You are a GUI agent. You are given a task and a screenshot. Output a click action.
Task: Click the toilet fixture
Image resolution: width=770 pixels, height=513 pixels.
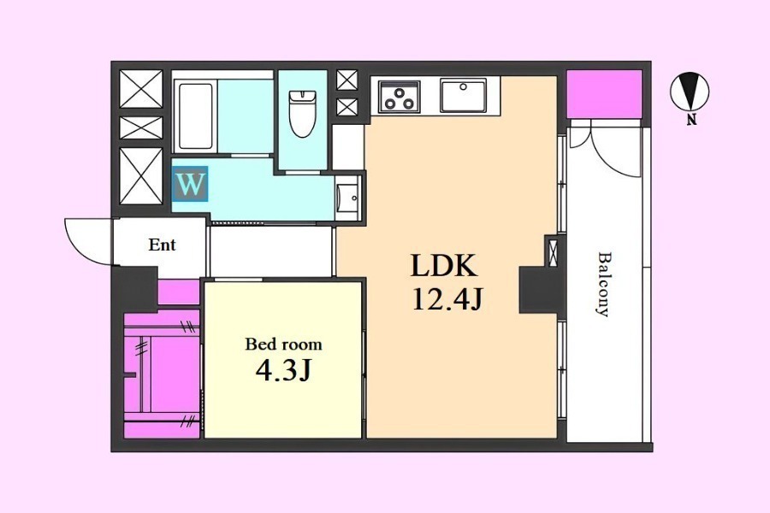301,113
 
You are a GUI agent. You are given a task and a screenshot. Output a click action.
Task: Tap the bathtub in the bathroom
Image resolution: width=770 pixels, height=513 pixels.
195,116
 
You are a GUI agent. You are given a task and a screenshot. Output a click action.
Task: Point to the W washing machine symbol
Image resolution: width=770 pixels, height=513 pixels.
190,184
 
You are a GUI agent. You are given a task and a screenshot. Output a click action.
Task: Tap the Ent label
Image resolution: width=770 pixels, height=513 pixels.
162,245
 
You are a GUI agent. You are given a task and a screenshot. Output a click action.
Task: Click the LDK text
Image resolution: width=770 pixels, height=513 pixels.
444,266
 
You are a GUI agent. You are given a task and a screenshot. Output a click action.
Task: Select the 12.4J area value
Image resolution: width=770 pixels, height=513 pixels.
447,299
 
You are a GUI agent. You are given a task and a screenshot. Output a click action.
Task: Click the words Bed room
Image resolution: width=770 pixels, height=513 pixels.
283,344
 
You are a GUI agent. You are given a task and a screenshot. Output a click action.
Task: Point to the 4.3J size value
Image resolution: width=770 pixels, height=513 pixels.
283,370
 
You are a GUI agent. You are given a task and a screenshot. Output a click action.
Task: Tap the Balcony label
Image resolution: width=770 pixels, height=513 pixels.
605,284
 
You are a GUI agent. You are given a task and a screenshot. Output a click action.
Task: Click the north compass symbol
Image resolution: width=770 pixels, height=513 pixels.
690,91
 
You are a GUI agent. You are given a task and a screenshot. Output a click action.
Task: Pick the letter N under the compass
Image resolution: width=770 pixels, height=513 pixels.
692,120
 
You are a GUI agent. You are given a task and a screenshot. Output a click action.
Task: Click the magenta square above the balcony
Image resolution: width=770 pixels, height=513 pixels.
605,94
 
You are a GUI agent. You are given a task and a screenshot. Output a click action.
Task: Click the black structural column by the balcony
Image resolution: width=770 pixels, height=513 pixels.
537,290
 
